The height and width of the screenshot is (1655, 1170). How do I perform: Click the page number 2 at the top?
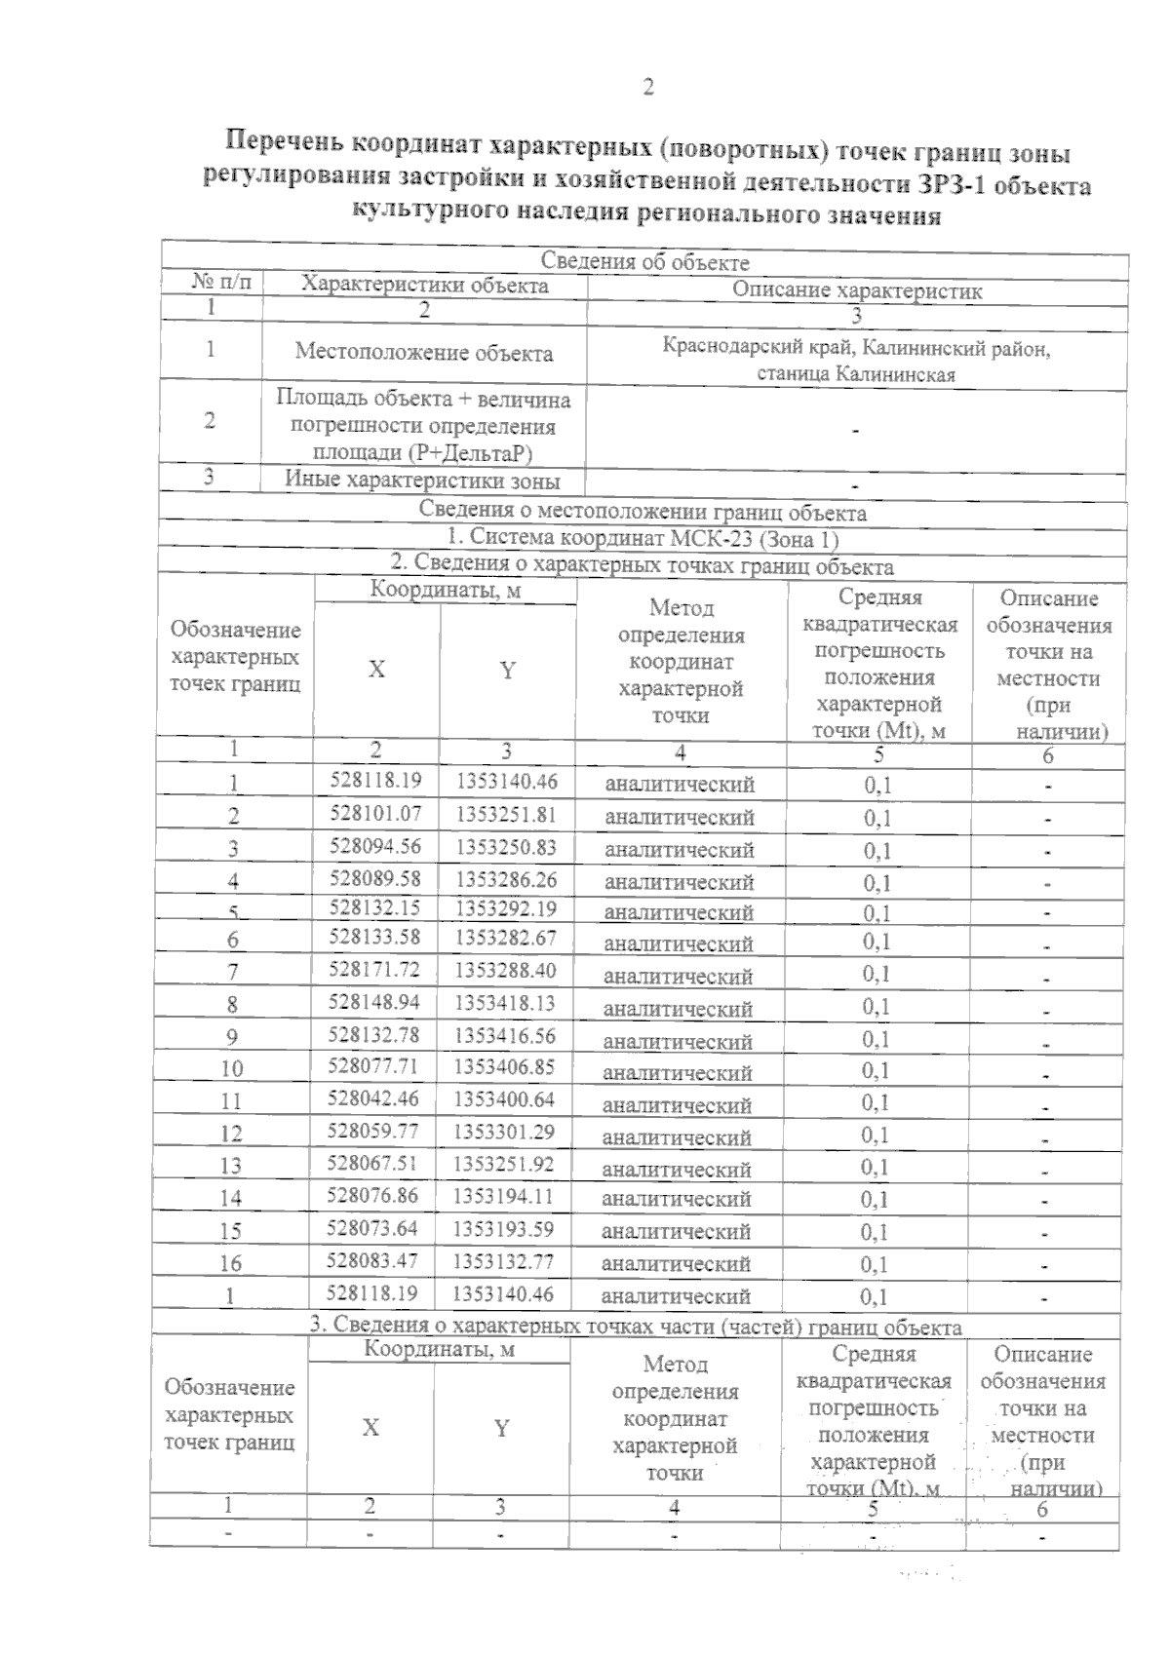point(647,88)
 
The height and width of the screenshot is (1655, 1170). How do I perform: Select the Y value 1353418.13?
point(506,1002)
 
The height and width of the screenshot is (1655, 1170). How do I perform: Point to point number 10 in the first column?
point(232,1068)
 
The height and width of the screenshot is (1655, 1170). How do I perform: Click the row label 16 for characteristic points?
point(230,1263)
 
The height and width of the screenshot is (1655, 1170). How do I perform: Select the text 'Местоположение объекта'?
point(424,353)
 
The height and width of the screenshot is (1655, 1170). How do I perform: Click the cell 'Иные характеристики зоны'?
point(422,480)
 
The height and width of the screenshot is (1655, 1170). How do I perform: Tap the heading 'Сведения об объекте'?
point(644,261)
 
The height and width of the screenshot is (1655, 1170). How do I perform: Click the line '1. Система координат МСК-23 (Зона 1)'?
point(643,538)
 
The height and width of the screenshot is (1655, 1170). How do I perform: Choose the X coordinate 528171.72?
point(375,969)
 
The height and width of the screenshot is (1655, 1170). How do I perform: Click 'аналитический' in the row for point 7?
point(679,976)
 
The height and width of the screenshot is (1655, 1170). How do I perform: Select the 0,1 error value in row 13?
point(876,1167)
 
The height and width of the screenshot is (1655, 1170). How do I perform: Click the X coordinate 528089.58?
point(375,877)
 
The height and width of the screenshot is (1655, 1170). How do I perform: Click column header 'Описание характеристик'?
point(856,289)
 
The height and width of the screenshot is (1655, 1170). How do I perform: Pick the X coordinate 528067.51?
point(373,1163)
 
